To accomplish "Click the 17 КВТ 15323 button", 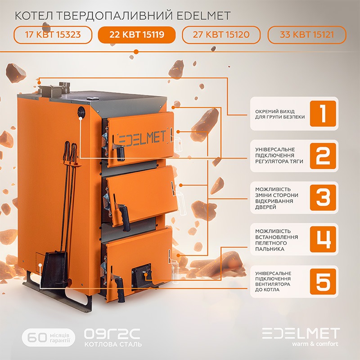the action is click(53, 35).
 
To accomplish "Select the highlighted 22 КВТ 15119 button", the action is click(137, 35).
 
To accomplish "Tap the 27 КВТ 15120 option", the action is click(221, 35).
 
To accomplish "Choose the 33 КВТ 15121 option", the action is click(307, 35).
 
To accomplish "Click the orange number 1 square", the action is click(323, 114).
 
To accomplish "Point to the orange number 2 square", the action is click(323, 156).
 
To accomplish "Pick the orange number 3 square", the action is click(323, 198).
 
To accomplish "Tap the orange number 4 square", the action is click(323, 239).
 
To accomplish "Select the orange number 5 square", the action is click(323, 282).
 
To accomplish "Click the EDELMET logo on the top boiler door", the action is click(142, 139).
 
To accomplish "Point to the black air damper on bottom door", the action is click(141, 274).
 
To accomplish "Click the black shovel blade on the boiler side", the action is click(55, 269).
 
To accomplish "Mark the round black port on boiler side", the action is click(81, 112).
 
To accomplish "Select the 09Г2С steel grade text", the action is click(112, 334).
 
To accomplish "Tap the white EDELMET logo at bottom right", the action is click(301, 333).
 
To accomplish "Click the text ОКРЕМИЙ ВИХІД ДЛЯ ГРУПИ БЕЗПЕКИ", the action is click(280, 114).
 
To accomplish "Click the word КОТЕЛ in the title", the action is click(34, 16).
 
